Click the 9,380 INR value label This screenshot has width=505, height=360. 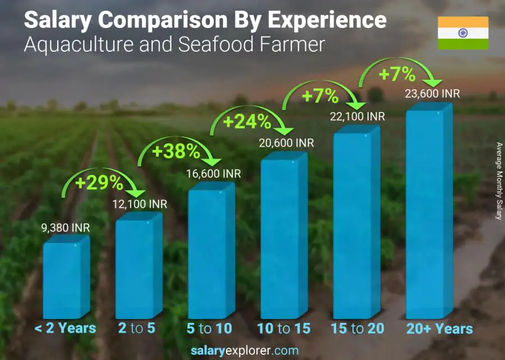65,228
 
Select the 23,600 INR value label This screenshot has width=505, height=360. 432,94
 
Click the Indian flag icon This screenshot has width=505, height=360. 463,33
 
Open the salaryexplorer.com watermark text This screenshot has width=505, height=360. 252,351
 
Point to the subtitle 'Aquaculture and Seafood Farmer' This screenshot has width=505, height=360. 174,45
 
